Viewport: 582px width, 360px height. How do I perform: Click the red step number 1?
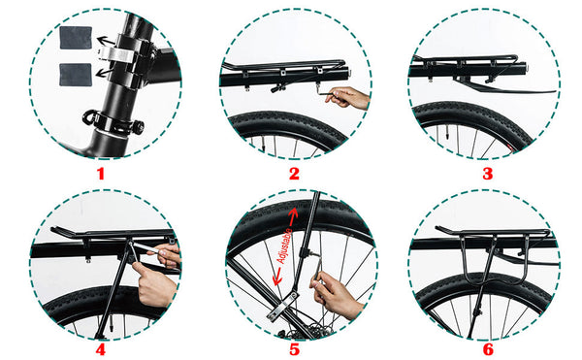click(x=101, y=174)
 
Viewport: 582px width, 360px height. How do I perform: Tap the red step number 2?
click(x=294, y=174)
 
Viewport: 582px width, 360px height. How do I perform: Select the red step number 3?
click(x=487, y=174)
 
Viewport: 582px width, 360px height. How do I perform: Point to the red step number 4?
click(x=101, y=349)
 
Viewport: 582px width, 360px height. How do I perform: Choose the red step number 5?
click(x=294, y=349)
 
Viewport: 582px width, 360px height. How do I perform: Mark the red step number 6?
click(x=488, y=349)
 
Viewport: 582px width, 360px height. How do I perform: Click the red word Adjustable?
click(x=284, y=246)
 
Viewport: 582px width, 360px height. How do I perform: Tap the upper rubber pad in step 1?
click(x=76, y=38)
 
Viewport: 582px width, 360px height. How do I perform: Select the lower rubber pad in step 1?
click(x=76, y=75)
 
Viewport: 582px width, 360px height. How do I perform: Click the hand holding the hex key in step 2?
click(x=349, y=98)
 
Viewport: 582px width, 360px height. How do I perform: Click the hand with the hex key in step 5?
click(x=336, y=294)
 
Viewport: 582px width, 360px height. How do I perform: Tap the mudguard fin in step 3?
click(x=504, y=86)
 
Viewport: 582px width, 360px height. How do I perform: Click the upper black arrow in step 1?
click(x=106, y=40)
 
